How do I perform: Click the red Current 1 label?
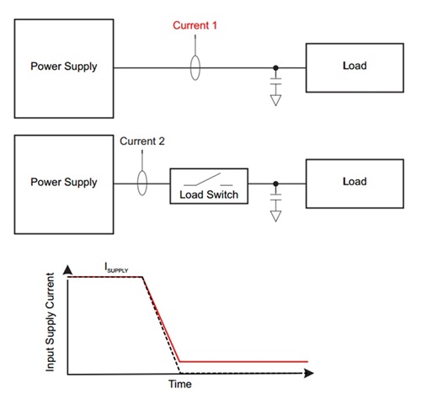[195, 25]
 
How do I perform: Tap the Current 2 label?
[142, 141]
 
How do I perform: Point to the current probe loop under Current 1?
[190, 68]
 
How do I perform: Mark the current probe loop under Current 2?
[137, 183]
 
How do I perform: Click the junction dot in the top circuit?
[276, 68]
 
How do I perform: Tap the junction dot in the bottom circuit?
[276, 184]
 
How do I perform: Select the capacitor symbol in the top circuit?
[276, 82]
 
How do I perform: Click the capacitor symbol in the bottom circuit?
[276, 197]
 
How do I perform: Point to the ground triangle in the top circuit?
[276, 100]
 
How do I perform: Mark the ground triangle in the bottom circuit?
[276, 216]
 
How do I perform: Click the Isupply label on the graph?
[116, 268]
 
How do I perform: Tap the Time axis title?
[180, 384]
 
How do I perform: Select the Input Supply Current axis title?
[50, 322]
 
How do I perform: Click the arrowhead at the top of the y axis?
[67, 269]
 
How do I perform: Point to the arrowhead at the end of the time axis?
[309, 373]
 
